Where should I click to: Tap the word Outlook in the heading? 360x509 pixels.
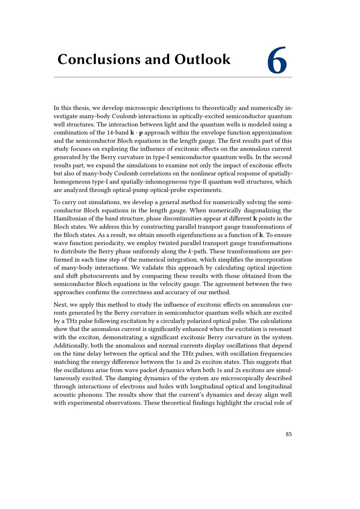coord(202,59)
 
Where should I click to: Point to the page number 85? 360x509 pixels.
coord(289,434)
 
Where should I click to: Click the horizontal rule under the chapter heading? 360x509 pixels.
coord(173,77)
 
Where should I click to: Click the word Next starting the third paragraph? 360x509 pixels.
coord(60,305)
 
